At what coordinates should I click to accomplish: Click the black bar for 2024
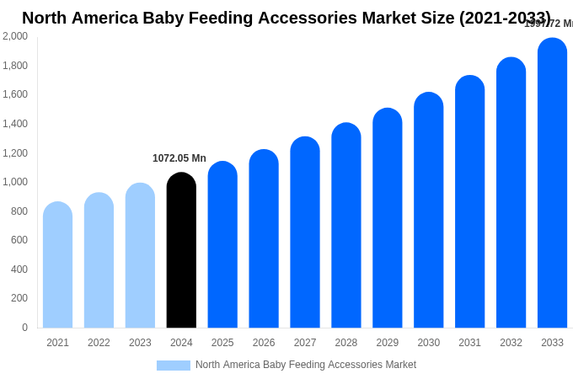coord(181,250)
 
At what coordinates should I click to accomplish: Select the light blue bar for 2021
coord(57,264)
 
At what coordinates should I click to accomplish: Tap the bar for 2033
coord(552,183)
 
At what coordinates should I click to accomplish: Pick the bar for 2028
coord(346,225)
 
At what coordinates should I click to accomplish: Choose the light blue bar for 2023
coord(140,255)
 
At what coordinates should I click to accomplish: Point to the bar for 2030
coord(428,210)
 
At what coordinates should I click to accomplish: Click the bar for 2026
coord(264,238)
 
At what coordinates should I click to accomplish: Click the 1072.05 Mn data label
coord(179,158)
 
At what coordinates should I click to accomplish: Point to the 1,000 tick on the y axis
coord(14,182)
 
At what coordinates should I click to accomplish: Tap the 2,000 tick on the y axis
coord(14,36)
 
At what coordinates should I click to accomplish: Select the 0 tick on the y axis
coord(24,328)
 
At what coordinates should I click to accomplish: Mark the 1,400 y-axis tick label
coord(14,124)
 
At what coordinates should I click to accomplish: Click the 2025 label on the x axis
coord(222,343)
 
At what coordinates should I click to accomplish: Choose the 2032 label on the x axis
coord(511,343)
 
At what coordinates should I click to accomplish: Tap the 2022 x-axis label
coord(99,343)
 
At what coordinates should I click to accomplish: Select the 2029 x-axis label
coord(388,343)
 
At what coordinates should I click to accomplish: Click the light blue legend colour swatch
coord(173,366)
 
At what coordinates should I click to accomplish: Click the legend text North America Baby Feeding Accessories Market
coord(306,365)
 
